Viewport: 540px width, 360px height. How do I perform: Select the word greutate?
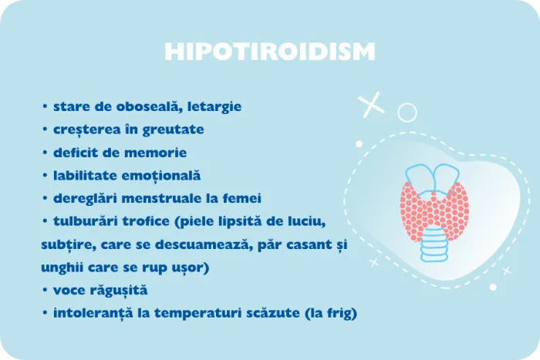pyautogui.click(x=178, y=130)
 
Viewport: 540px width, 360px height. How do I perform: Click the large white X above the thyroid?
pyautogui.click(x=373, y=103)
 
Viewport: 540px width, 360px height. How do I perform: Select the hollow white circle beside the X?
pyautogui.click(x=406, y=113)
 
